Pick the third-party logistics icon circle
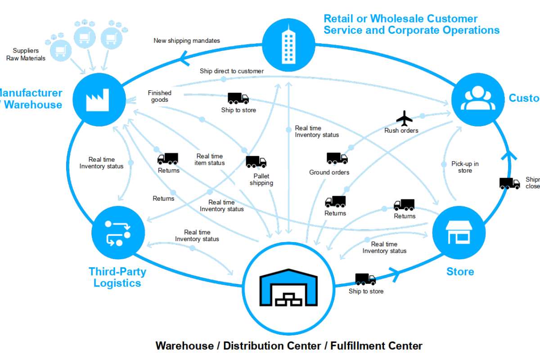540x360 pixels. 117,233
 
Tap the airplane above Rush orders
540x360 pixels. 404,119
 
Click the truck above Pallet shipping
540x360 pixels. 256,162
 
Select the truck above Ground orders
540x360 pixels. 337,158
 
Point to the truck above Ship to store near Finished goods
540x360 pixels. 238,98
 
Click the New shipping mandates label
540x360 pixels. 187,41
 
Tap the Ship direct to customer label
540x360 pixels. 232,71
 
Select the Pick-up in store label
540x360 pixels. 465,167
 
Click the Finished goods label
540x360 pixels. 160,96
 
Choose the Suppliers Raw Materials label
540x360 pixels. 26,54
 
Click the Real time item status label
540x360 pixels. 210,159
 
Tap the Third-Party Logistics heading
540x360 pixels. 117,277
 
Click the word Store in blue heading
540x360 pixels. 460,272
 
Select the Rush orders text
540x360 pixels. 401,131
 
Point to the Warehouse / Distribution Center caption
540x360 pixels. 289,346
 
